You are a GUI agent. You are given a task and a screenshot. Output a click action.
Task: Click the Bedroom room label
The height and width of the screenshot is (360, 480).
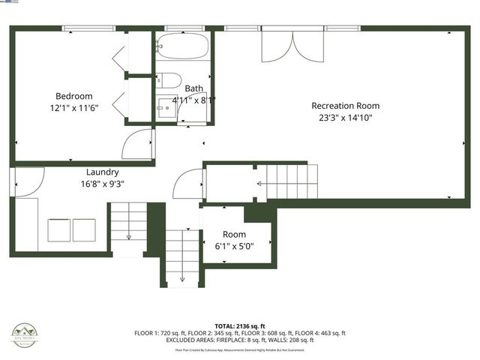pos(73,96)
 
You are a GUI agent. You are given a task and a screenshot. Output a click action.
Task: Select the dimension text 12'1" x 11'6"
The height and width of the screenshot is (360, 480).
pos(73,107)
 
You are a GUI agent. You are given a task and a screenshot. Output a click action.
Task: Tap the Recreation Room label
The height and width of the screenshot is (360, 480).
pos(342,106)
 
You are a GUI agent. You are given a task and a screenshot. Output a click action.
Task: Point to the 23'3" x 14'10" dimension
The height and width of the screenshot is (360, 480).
pos(342,117)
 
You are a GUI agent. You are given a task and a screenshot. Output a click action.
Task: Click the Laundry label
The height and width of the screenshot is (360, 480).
pos(103,172)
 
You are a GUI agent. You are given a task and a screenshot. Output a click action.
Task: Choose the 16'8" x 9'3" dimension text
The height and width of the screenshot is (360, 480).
pos(103,183)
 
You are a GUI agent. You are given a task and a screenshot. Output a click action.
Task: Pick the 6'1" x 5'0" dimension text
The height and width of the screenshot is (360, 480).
pos(234,245)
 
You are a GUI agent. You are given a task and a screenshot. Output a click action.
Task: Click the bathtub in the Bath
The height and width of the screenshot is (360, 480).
pos(183,47)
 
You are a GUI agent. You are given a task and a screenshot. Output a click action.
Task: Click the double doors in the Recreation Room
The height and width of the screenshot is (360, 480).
pos(292,46)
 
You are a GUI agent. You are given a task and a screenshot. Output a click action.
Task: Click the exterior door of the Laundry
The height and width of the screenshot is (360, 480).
pos(23,181)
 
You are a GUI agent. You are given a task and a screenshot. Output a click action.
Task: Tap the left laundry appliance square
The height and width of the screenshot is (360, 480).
pos(59,229)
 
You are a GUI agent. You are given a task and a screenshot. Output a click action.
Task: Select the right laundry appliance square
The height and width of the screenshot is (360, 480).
pos(85,229)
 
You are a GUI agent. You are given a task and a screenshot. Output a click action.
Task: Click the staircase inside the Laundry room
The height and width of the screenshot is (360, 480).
pos(128,223)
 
